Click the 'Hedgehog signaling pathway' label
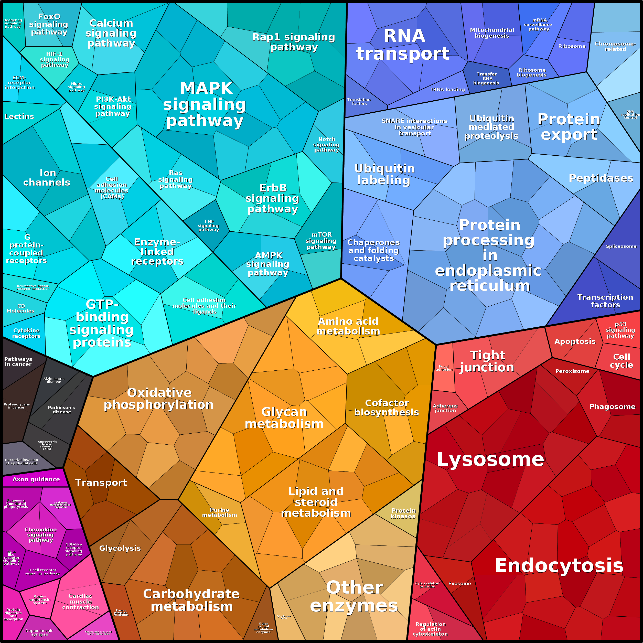(x=13, y=23)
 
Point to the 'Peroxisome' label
(x=572, y=371)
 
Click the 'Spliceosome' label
(x=621, y=246)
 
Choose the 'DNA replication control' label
(x=630, y=114)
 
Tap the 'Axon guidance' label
(x=36, y=479)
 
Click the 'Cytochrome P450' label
(x=284, y=617)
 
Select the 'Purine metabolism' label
(x=220, y=512)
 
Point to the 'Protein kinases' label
(x=403, y=513)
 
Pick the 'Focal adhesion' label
(x=444, y=368)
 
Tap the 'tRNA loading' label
(x=448, y=90)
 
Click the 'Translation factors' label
(x=359, y=102)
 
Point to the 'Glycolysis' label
(x=120, y=548)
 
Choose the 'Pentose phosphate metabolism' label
(x=121, y=612)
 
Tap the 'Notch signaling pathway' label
(x=327, y=144)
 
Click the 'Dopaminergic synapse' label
(x=39, y=632)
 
